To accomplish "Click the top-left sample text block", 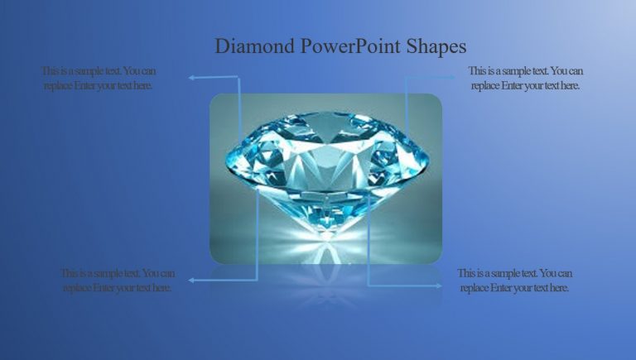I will pos(99,78).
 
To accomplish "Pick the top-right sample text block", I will pos(525,78).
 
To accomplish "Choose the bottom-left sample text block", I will pos(118,281).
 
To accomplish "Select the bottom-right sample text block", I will pos(514,281).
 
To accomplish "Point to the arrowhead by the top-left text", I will pos(191,78).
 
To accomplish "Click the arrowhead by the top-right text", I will pos(452,77).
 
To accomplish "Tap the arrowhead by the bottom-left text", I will pos(192,281).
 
